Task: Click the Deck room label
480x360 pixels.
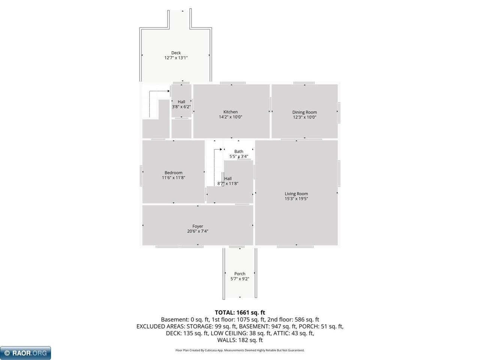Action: (x=176, y=53)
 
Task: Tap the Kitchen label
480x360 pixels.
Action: (x=230, y=112)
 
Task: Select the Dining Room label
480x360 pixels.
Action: (x=304, y=112)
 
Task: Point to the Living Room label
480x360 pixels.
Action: (x=296, y=194)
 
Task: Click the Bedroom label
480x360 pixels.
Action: (x=173, y=173)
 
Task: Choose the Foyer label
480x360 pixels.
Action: (x=198, y=226)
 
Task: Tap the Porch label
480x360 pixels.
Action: (x=240, y=274)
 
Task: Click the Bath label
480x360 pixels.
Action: (x=239, y=151)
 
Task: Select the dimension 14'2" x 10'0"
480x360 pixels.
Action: (x=230, y=117)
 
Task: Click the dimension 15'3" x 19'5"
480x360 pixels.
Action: (x=296, y=199)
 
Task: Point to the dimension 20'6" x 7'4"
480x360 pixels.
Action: (x=198, y=231)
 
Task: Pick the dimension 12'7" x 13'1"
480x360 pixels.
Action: (x=176, y=58)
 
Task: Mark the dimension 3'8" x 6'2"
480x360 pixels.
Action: (x=181, y=107)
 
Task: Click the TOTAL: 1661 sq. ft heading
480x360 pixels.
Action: (x=240, y=312)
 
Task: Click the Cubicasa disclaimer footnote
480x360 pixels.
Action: (x=240, y=350)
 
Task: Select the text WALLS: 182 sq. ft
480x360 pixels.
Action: (x=240, y=340)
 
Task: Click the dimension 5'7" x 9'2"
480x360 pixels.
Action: (x=240, y=279)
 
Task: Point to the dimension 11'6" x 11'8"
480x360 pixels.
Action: (x=173, y=178)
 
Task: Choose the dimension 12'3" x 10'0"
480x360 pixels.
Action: (x=304, y=117)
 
